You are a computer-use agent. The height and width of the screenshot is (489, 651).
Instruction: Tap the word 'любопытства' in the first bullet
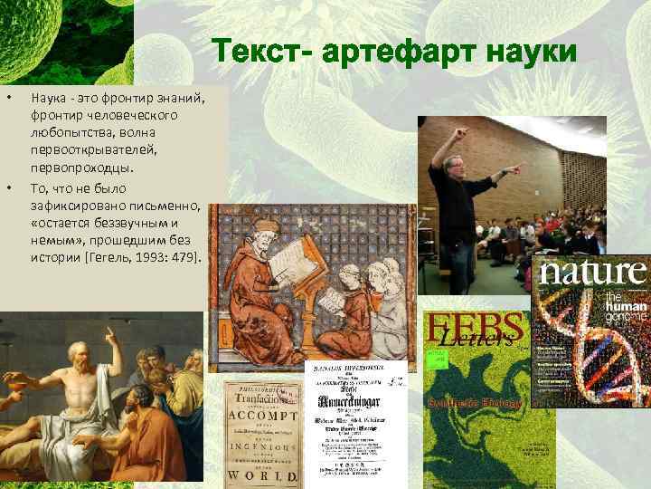[x=66, y=132]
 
